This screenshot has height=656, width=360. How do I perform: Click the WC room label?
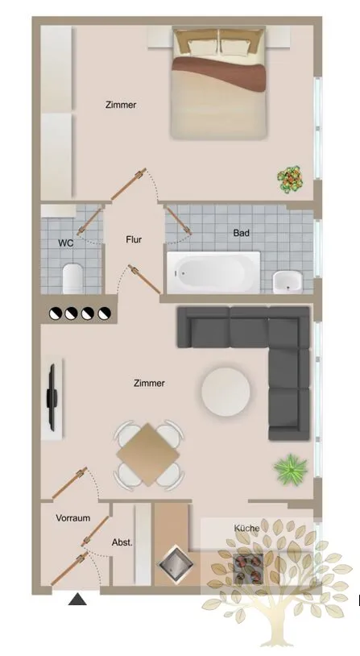tap(66, 243)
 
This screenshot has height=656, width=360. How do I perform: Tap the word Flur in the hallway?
tap(134, 239)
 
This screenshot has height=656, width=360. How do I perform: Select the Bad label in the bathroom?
tap(242, 233)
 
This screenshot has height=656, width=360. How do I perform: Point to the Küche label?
tap(246, 528)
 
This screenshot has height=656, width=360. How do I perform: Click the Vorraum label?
tap(73, 518)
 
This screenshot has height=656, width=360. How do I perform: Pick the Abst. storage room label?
tap(122, 542)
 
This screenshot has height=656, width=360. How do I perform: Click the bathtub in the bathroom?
tap(213, 272)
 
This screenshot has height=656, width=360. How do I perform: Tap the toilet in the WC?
tap(72, 278)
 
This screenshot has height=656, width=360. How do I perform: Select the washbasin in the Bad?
tap(288, 281)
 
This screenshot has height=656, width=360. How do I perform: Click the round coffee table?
tap(226, 392)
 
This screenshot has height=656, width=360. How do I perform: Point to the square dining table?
tap(148, 455)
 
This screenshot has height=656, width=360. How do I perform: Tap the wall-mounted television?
tap(52, 397)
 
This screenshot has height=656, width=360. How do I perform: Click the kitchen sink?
tap(176, 563)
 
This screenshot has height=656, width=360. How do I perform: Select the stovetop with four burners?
tap(248, 569)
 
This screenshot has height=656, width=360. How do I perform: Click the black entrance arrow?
tap(77, 599)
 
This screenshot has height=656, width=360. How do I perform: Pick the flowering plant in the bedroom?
tap(290, 179)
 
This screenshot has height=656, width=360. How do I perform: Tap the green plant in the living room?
tap(291, 469)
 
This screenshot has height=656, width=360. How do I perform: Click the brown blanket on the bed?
tap(219, 73)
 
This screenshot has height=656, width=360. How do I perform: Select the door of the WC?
tap(89, 220)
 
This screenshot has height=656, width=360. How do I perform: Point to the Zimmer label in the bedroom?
tap(121, 105)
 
